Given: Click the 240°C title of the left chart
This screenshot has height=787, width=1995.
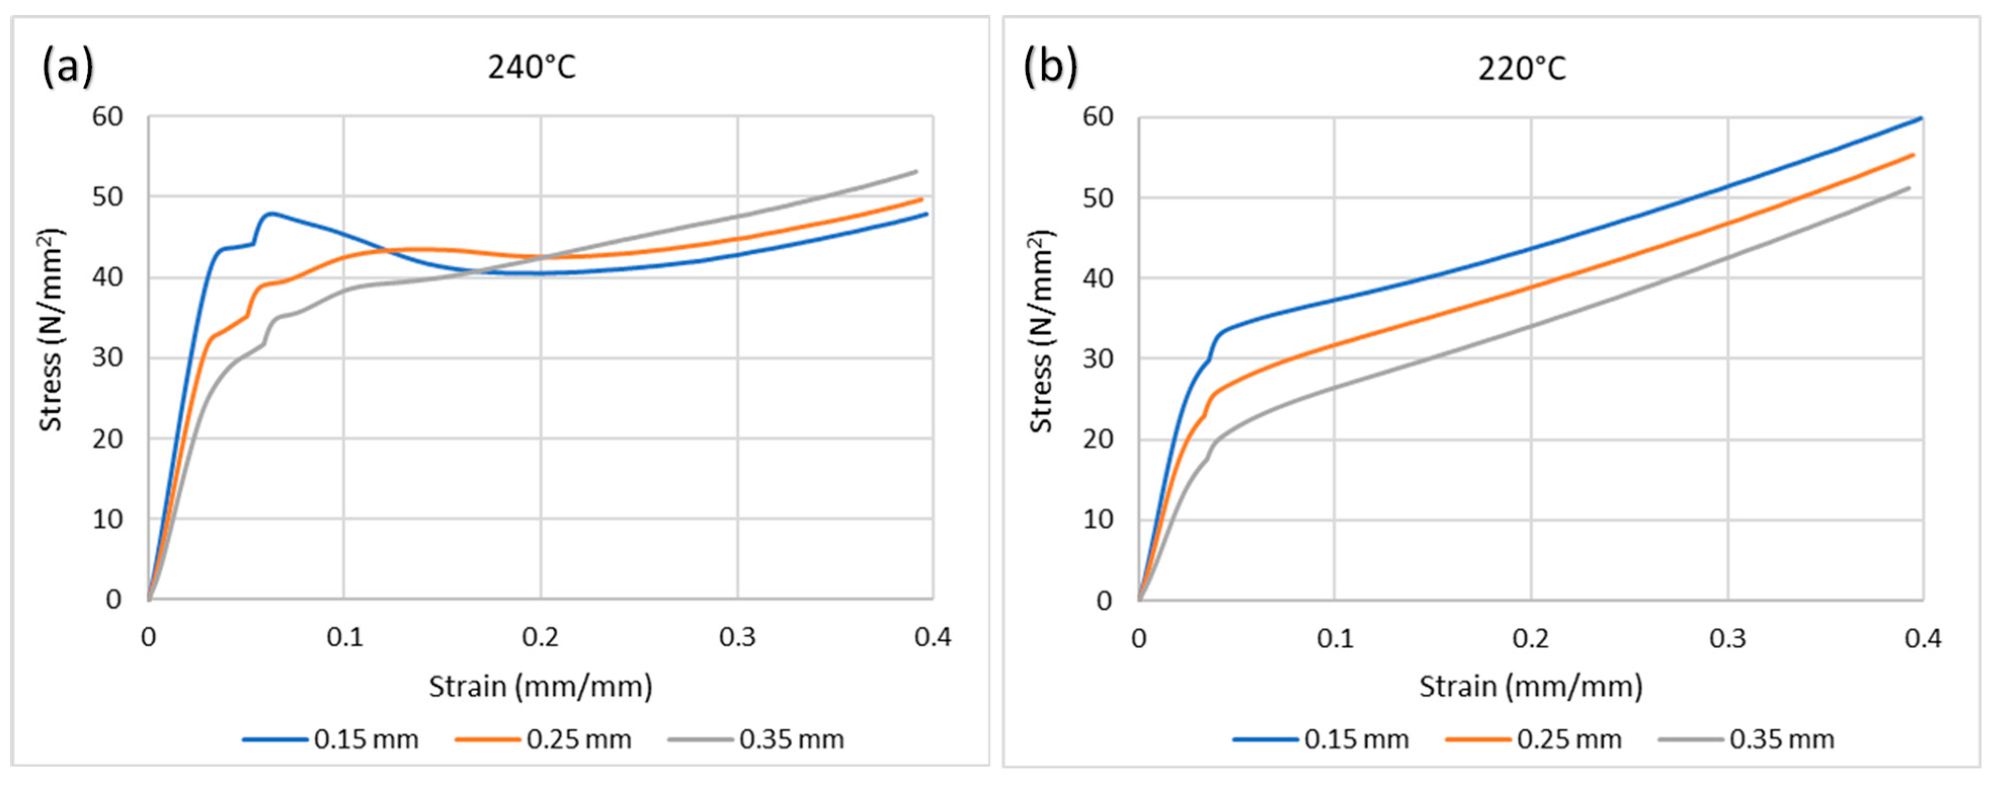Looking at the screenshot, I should click(x=532, y=68).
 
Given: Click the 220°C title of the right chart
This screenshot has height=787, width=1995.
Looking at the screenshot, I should click(x=1521, y=69).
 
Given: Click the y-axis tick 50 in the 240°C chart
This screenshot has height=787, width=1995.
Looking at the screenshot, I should click(x=108, y=196).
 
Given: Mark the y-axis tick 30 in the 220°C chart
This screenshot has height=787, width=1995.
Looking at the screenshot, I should click(x=1098, y=359).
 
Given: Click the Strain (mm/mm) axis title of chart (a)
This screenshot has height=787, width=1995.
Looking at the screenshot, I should click(x=541, y=686).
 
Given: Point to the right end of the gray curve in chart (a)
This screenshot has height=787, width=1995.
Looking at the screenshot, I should click(x=916, y=171).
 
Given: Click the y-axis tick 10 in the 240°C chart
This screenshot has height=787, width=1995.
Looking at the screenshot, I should click(x=108, y=519).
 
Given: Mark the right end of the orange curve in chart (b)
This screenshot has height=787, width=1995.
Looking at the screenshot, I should click(x=1913, y=155).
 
